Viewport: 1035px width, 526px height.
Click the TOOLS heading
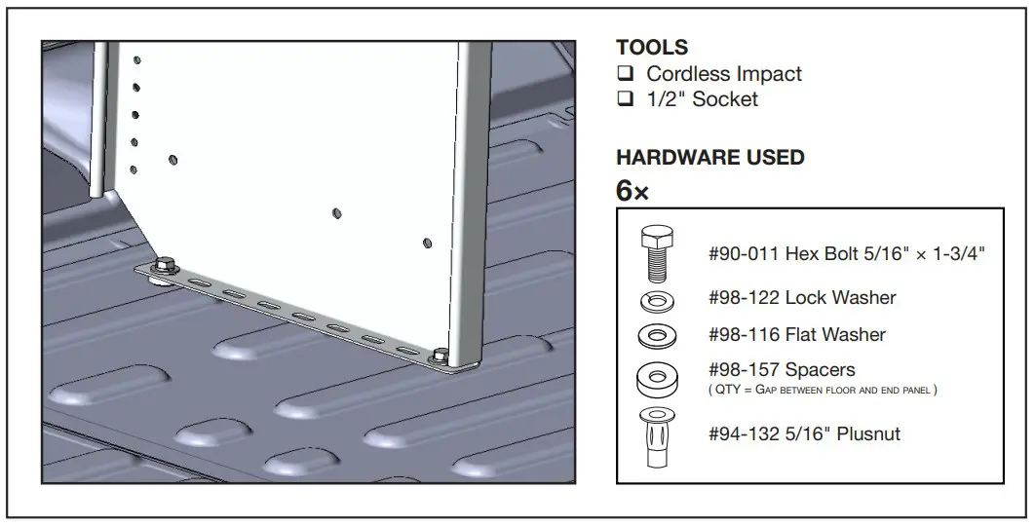(652, 47)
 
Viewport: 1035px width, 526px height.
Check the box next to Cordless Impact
(626, 74)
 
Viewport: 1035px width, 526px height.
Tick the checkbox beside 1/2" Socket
(626, 99)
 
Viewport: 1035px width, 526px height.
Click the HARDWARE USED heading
(710, 158)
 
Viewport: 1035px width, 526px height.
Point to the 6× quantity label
(632, 191)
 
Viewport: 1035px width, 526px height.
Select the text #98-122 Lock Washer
(802, 298)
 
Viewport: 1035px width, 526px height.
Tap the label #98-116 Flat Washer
(797, 335)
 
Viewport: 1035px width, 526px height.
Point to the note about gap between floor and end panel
(823, 390)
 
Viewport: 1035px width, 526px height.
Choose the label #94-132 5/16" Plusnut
(804, 434)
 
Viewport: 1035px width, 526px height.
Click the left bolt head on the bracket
(166, 264)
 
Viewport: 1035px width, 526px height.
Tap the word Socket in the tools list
(725, 99)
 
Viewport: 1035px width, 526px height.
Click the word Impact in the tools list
(767, 74)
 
